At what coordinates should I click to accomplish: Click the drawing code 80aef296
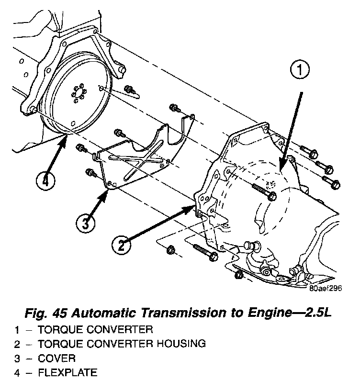click(x=326, y=289)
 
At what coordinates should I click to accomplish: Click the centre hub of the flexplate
click(x=78, y=94)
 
